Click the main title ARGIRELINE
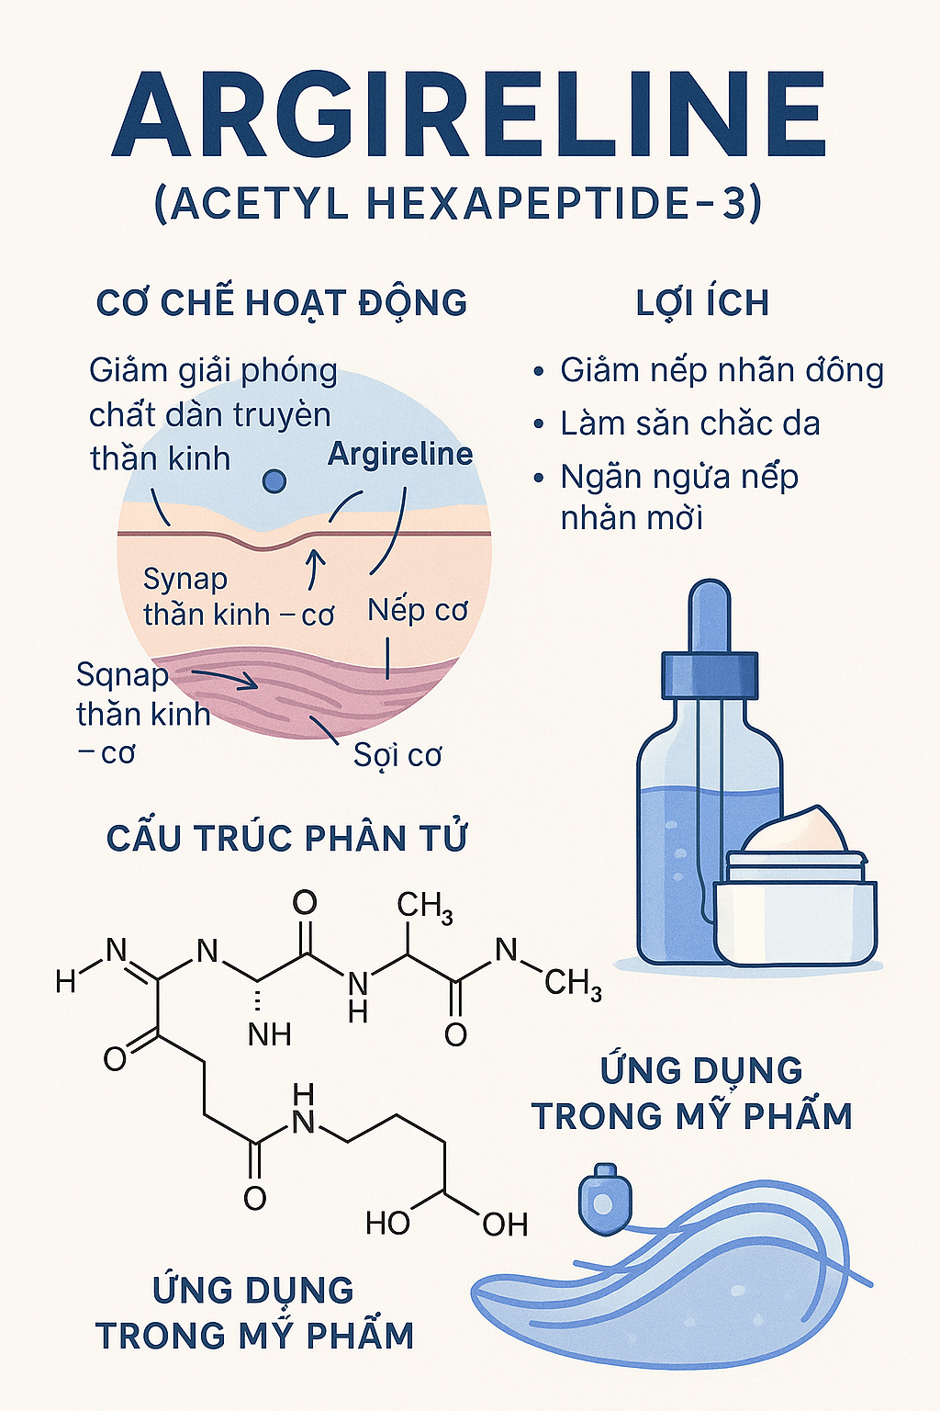469,115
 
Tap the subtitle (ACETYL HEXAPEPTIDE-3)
457,203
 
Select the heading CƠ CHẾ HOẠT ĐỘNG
282,303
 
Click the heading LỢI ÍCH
702,303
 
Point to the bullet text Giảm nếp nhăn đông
722,370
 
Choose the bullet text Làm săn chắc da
689,423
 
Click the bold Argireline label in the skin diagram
400,454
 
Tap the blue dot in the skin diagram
274,480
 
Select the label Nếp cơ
418,610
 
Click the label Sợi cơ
397,755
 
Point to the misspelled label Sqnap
122,675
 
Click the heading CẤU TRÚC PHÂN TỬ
286,839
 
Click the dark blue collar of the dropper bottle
710,675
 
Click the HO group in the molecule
387,1224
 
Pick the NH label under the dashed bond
269,1035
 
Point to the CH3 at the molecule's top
424,907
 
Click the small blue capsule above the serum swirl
602,1199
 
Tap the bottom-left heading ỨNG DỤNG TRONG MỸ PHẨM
254,1313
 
